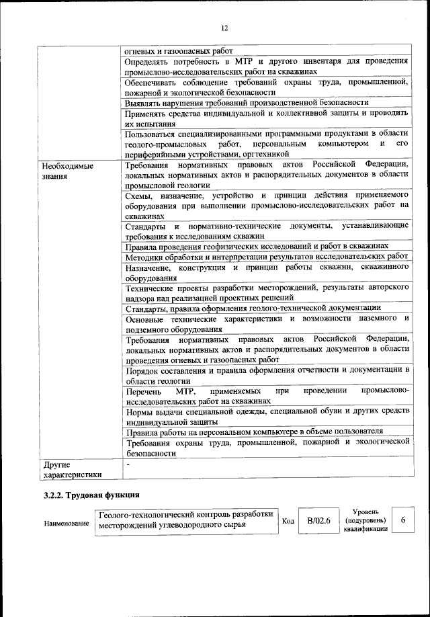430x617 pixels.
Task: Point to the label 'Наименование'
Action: [x=67, y=523]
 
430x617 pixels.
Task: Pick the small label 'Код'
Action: [x=287, y=522]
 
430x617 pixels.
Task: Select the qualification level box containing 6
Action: [x=402, y=521]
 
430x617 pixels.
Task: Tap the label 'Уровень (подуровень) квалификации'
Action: [x=365, y=521]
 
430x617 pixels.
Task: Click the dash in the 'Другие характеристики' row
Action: [x=127, y=464]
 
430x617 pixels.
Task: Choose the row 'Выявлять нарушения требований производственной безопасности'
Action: [x=247, y=103]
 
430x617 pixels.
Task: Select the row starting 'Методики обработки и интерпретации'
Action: [x=267, y=257]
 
